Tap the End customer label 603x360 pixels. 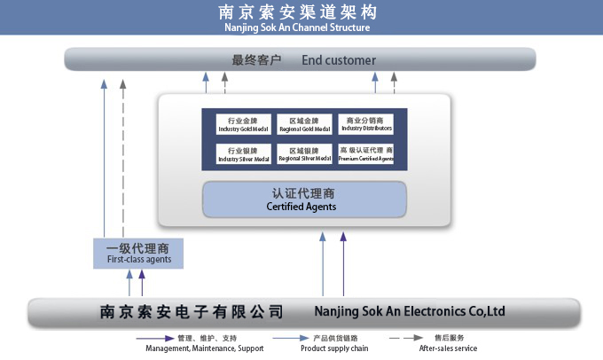coord(339,60)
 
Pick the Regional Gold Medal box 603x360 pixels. coord(304,124)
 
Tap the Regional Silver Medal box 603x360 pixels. coord(304,155)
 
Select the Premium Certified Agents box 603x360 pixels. coord(366,155)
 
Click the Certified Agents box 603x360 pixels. coord(303,200)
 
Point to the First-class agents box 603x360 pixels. coord(139,254)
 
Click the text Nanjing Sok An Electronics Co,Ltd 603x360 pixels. coord(410,311)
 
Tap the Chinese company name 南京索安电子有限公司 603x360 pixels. coord(191,311)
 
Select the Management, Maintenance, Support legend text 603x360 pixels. coord(204,348)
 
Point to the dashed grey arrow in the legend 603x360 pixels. coord(405,338)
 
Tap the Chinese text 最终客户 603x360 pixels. coord(256,60)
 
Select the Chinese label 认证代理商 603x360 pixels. coord(302,192)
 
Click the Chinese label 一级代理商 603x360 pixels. coord(138,247)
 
